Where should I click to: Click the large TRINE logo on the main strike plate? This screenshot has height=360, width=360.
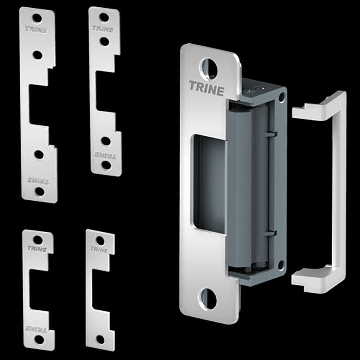click(x=207, y=88)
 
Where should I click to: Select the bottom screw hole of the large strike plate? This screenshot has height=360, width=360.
click(x=207, y=299)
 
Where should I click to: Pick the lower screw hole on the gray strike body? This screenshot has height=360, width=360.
click(x=281, y=265)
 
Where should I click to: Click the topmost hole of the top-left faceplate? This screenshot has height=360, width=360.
click(x=37, y=18)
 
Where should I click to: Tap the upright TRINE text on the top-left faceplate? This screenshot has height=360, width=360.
click(x=36, y=30)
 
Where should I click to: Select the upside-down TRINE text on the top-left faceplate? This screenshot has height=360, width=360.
click(x=38, y=180)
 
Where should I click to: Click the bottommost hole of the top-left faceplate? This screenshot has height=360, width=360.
click(x=40, y=192)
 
